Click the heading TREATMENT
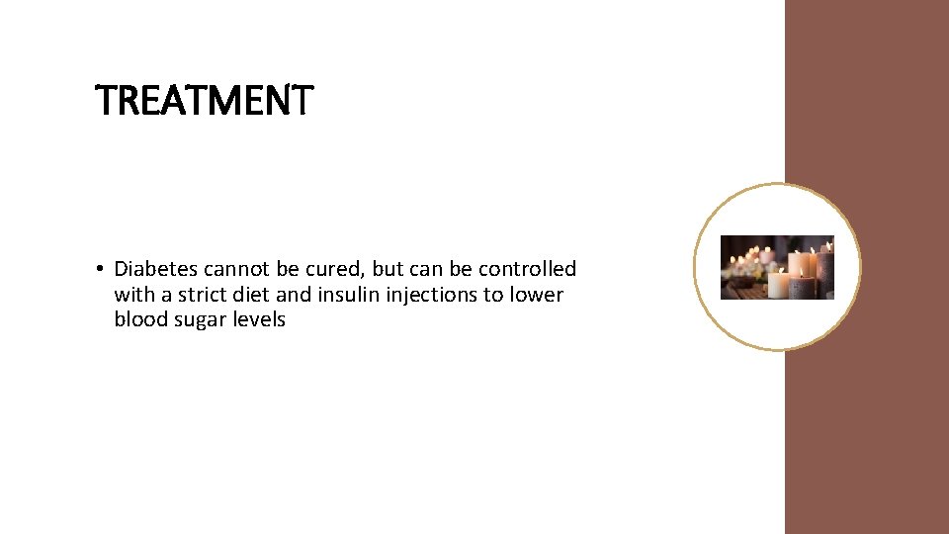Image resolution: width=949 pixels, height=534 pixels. tap(204, 101)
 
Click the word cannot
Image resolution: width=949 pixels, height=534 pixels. tap(236, 269)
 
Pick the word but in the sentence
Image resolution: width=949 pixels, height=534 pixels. tap(388, 269)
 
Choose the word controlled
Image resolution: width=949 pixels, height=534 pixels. tap(527, 269)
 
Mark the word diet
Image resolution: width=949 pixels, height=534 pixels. tap(247, 295)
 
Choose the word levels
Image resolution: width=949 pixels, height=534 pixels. tap(258, 320)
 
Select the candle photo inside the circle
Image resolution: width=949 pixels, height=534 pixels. tap(777, 267)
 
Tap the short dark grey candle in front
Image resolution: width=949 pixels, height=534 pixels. tap(801, 288)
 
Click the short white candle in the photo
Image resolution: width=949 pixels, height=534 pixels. tap(778, 286)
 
